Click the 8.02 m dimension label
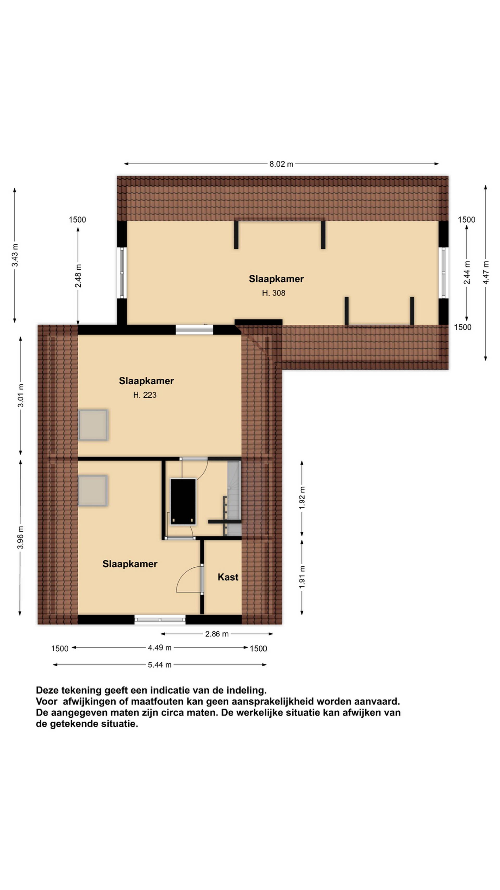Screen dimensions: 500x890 pyautogui.click(x=281, y=164)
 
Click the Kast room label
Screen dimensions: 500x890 pyautogui.click(x=228, y=577)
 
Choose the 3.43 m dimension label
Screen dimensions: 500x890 pyautogui.click(x=15, y=255)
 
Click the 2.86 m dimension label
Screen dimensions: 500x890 pyautogui.click(x=217, y=634)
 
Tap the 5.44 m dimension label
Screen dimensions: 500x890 pyautogui.click(x=159, y=665)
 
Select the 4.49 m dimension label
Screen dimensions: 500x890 pyautogui.click(x=159, y=647)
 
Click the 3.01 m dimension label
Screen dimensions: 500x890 pyautogui.click(x=21, y=395)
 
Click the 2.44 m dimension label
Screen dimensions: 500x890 pyautogui.click(x=467, y=273)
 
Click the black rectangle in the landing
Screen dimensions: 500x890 pyautogui.click(x=183, y=502)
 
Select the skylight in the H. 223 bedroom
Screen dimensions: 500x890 pyautogui.click(x=93, y=425)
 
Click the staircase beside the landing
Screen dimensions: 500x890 pyautogui.click(x=234, y=499)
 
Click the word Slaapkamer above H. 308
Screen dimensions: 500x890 pyautogui.click(x=276, y=279)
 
